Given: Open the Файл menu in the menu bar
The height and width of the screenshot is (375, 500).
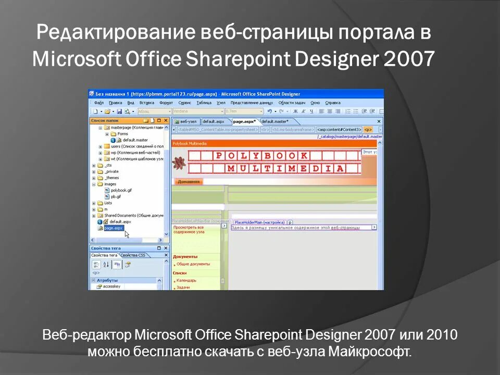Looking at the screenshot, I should (99, 103).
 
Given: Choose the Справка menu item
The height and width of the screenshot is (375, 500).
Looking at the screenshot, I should (332, 103).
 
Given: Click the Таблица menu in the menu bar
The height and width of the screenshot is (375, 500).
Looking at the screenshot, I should (204, 103).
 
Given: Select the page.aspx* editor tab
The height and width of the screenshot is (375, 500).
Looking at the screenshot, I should (244, 121).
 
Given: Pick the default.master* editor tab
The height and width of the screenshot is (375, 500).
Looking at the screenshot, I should (274, 121).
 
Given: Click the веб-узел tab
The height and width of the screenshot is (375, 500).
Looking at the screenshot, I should (187, 121).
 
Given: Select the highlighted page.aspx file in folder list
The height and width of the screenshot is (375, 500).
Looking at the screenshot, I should (113, 228).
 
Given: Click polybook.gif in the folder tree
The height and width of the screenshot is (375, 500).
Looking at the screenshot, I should (121, 190).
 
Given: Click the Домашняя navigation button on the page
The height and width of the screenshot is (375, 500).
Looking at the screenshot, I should (189, 182).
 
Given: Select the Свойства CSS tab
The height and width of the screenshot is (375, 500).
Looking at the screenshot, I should (134, 255).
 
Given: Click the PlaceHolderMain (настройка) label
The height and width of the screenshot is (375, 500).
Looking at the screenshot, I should (259, 222).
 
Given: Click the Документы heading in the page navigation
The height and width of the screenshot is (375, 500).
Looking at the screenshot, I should (185, 256).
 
